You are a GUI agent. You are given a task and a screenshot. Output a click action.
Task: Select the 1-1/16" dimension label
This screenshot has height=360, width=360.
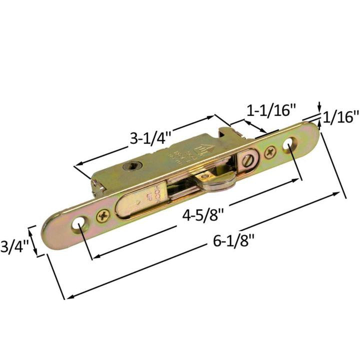click(270, 110)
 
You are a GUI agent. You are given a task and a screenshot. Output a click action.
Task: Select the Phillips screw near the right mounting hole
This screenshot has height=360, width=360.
click(270, 151)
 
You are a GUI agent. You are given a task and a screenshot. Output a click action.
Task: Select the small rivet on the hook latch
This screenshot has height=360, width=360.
click(206, 175)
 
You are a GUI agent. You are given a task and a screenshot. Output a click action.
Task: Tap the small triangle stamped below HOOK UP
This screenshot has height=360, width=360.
click(138, 203)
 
